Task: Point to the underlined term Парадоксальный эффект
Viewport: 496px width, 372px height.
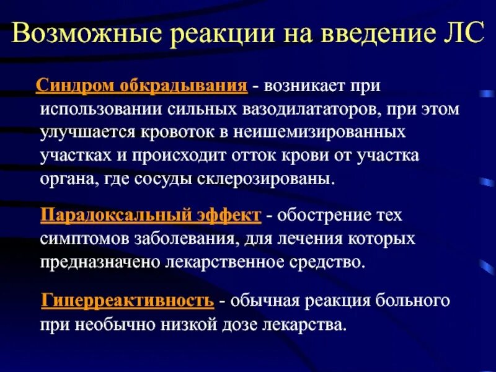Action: point(151,216)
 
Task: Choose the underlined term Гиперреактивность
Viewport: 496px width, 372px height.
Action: point(128,301)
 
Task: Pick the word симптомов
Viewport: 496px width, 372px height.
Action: point(80,239)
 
